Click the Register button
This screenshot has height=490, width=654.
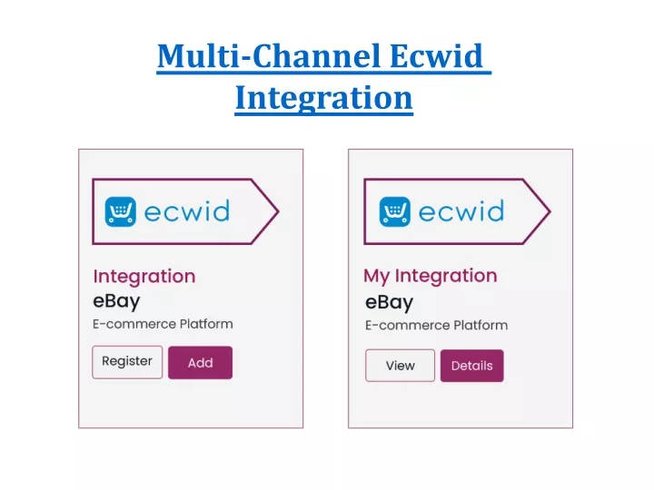(x=127, y=362)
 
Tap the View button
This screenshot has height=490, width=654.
(x=400, y=366)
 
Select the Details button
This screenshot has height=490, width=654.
(x=472, y=366)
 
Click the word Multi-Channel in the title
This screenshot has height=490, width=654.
(x=269, y=56)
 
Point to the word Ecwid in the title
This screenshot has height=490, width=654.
(x=436, y=56)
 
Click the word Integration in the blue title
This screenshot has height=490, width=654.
(x=323, y=98)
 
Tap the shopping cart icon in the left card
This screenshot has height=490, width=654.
(x=121, y=211)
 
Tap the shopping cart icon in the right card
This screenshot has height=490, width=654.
(x=394, y=211)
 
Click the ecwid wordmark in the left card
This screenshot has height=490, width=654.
(x=187, y=211)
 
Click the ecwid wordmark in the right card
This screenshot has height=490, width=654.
(x=461, y=211)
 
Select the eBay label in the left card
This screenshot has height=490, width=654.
(x=116, y=301)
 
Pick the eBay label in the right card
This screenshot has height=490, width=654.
(x=389, y=302)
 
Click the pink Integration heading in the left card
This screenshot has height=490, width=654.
(x=144, y=277)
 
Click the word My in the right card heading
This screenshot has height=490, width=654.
(x=377, y=276)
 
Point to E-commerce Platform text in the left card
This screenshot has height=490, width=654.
(x=163, y=324)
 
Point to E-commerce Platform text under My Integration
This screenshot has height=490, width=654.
(x=436, y=326)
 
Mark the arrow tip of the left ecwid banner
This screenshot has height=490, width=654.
(x=278, y=211)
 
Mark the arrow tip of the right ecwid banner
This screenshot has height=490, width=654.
(x=550, y=211)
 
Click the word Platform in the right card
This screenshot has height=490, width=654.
(x=481, y=326)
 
